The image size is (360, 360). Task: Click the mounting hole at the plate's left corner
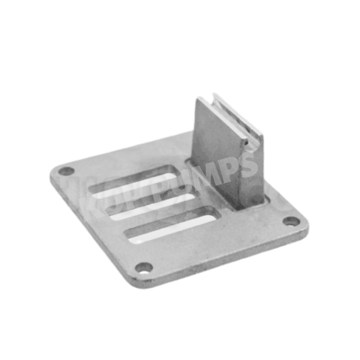(67, 171)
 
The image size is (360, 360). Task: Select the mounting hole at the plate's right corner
(292, 221)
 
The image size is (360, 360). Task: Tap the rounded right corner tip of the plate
(306, 223)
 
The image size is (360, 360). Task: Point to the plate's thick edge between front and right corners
(225, 259)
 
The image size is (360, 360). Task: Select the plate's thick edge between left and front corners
(90, 229)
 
